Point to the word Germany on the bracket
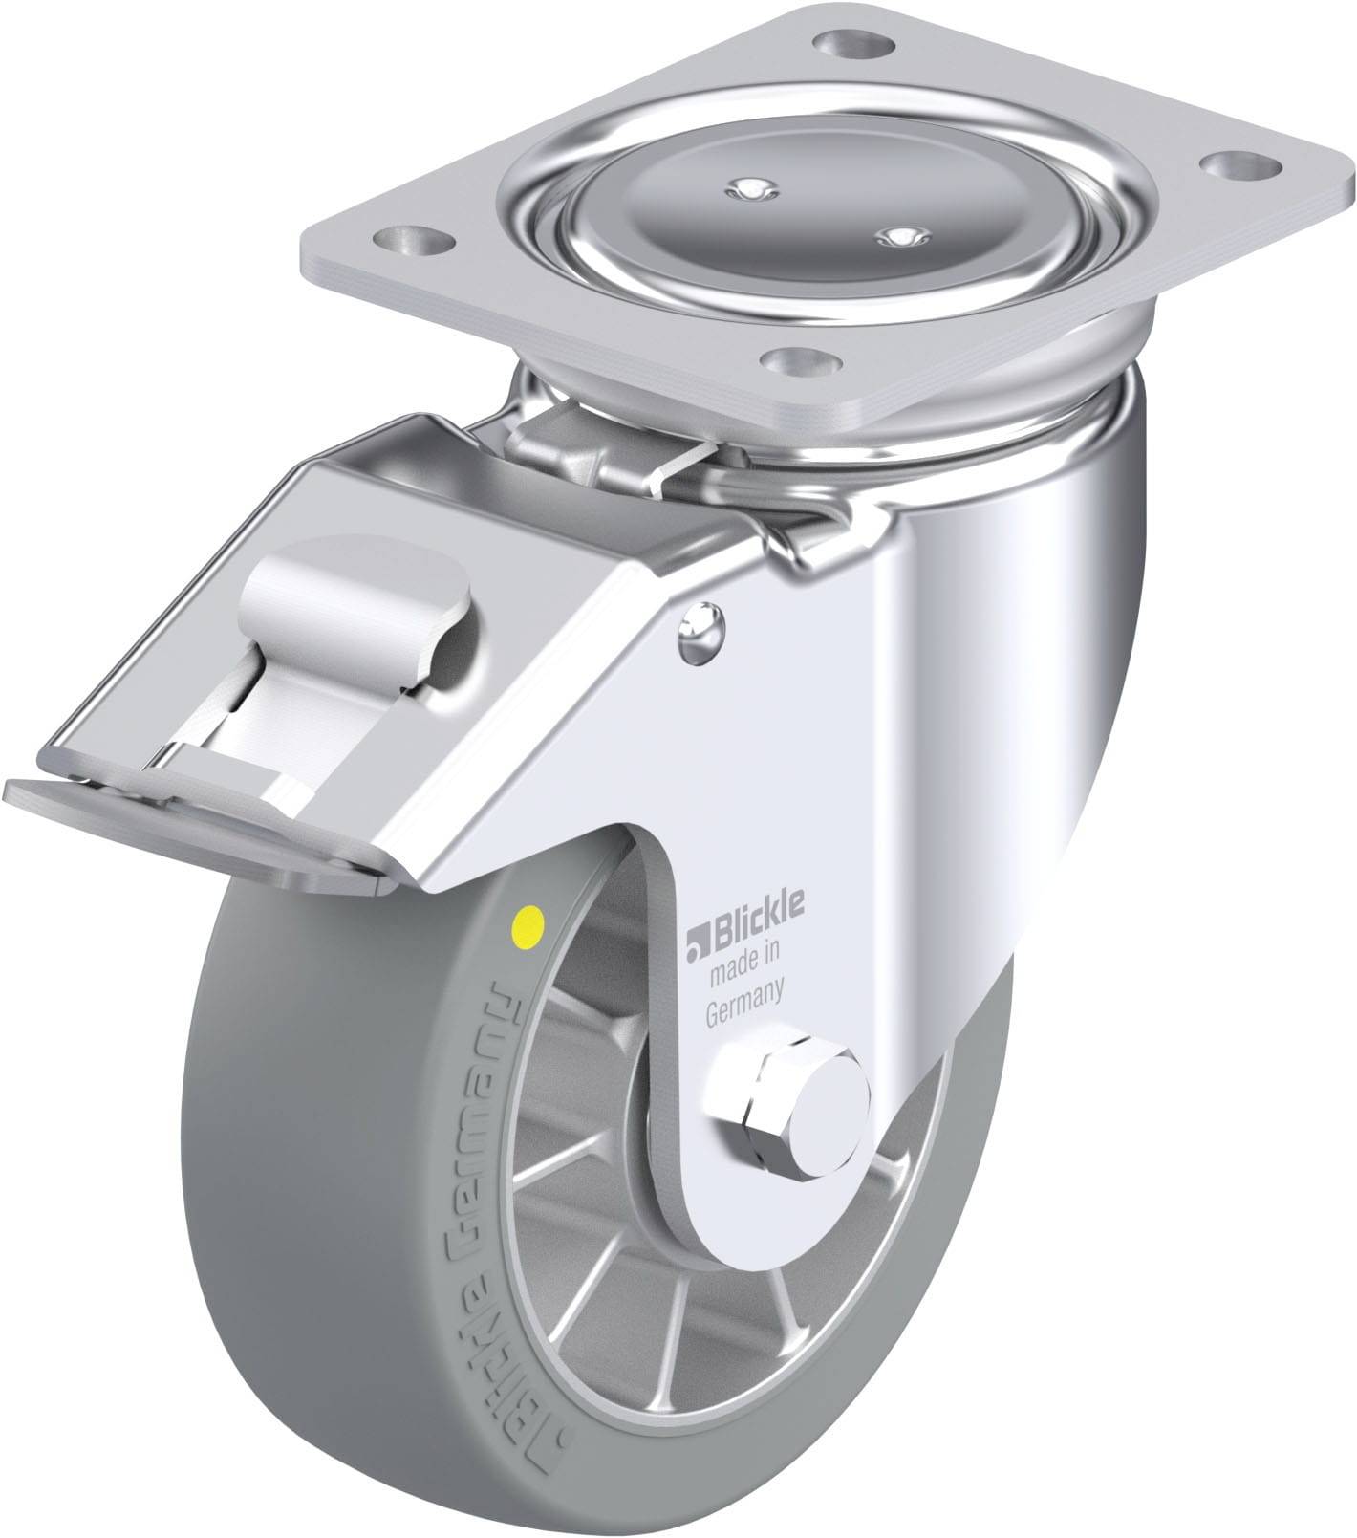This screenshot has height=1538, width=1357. (x=744, y=989)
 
